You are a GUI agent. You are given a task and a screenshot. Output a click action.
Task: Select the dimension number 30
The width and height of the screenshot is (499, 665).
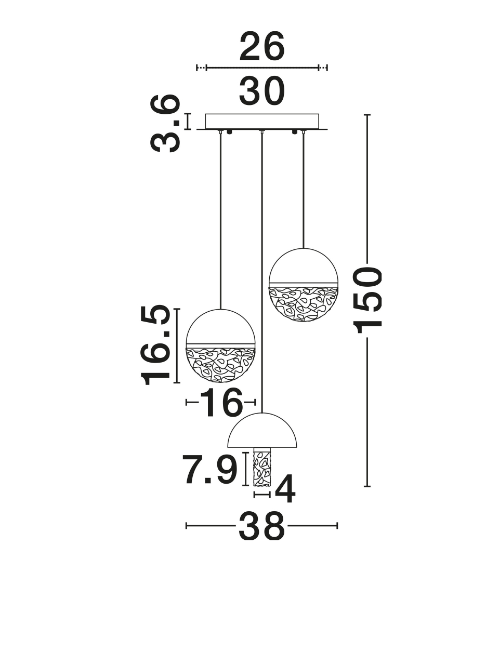pos(262,91)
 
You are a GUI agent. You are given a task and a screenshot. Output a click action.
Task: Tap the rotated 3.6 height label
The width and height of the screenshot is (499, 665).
pos(165,123)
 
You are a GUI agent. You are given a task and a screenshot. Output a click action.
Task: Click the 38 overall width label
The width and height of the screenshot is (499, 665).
pos(262,526)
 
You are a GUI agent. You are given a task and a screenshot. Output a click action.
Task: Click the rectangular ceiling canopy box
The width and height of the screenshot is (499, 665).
pos(262,122)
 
